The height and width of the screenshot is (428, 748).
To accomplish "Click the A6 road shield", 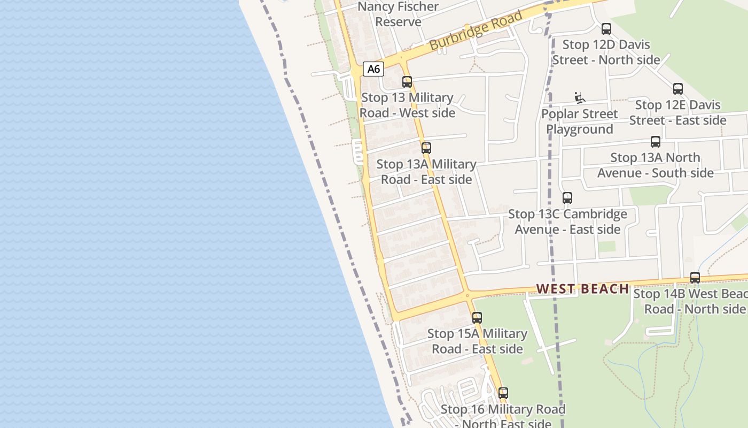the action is pos(373,68).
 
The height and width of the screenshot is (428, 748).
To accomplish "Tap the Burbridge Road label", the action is pos(476,31).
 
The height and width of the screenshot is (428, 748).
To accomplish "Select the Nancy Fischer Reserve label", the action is pos(398,14).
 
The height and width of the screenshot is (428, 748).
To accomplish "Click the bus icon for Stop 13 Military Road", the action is pos(407,82).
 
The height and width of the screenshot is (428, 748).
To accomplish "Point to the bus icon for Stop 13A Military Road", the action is pos(426,148).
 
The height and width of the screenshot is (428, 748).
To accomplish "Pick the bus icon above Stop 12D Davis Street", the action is pos(606,29).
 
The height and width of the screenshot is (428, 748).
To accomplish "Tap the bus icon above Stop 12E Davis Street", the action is pos(677,89).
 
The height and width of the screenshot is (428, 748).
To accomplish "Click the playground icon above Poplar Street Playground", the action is pos(580,98).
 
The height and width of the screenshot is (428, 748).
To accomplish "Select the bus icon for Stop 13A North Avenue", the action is pos(656,142).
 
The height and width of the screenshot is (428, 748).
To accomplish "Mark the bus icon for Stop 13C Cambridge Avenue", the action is pos(567,198).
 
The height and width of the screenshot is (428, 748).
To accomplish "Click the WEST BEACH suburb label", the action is pos(582,289).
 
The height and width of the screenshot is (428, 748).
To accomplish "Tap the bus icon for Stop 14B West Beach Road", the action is pos(695,278).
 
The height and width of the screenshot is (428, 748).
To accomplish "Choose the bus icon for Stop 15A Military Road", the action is pos(477,318).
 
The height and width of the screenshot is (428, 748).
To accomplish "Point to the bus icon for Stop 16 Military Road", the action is pos(503,393).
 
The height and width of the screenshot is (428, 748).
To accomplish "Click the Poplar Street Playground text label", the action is pos(580,121).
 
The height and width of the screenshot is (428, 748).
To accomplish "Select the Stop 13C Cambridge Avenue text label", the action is pos(567,221).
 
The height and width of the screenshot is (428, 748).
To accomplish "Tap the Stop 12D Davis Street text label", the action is pos(606,52).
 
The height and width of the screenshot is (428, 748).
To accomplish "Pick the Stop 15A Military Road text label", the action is pos(477,341).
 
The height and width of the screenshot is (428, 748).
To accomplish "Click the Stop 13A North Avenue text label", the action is pos(656,165).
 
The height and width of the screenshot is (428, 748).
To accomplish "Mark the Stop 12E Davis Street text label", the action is pos(677,112).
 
